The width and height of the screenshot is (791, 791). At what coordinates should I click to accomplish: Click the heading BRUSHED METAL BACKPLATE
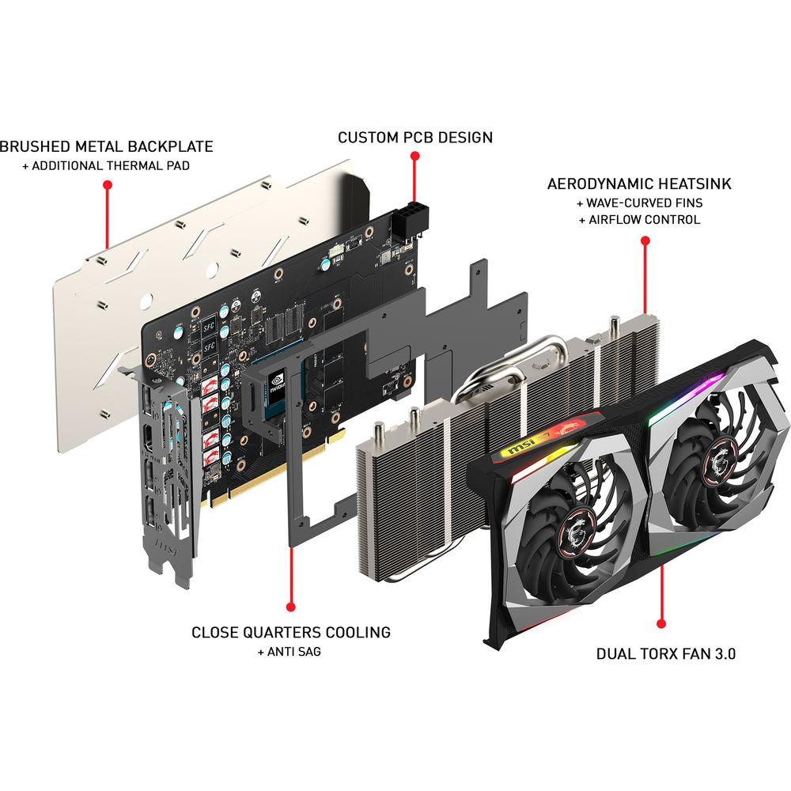(106, 146)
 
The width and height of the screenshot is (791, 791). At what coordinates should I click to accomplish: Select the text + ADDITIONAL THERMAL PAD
(106, 165)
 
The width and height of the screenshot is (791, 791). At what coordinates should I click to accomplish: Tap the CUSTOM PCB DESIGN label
(414, 138)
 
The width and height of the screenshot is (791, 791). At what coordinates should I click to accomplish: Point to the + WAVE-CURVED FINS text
(639, 202)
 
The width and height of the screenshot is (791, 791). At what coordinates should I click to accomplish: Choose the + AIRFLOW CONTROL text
(639, 220)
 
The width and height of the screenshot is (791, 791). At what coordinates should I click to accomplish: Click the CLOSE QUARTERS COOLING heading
(291, 632)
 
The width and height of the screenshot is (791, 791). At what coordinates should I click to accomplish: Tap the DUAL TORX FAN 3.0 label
(666, 654)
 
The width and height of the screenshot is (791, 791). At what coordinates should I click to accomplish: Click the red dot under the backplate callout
(108, 185)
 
